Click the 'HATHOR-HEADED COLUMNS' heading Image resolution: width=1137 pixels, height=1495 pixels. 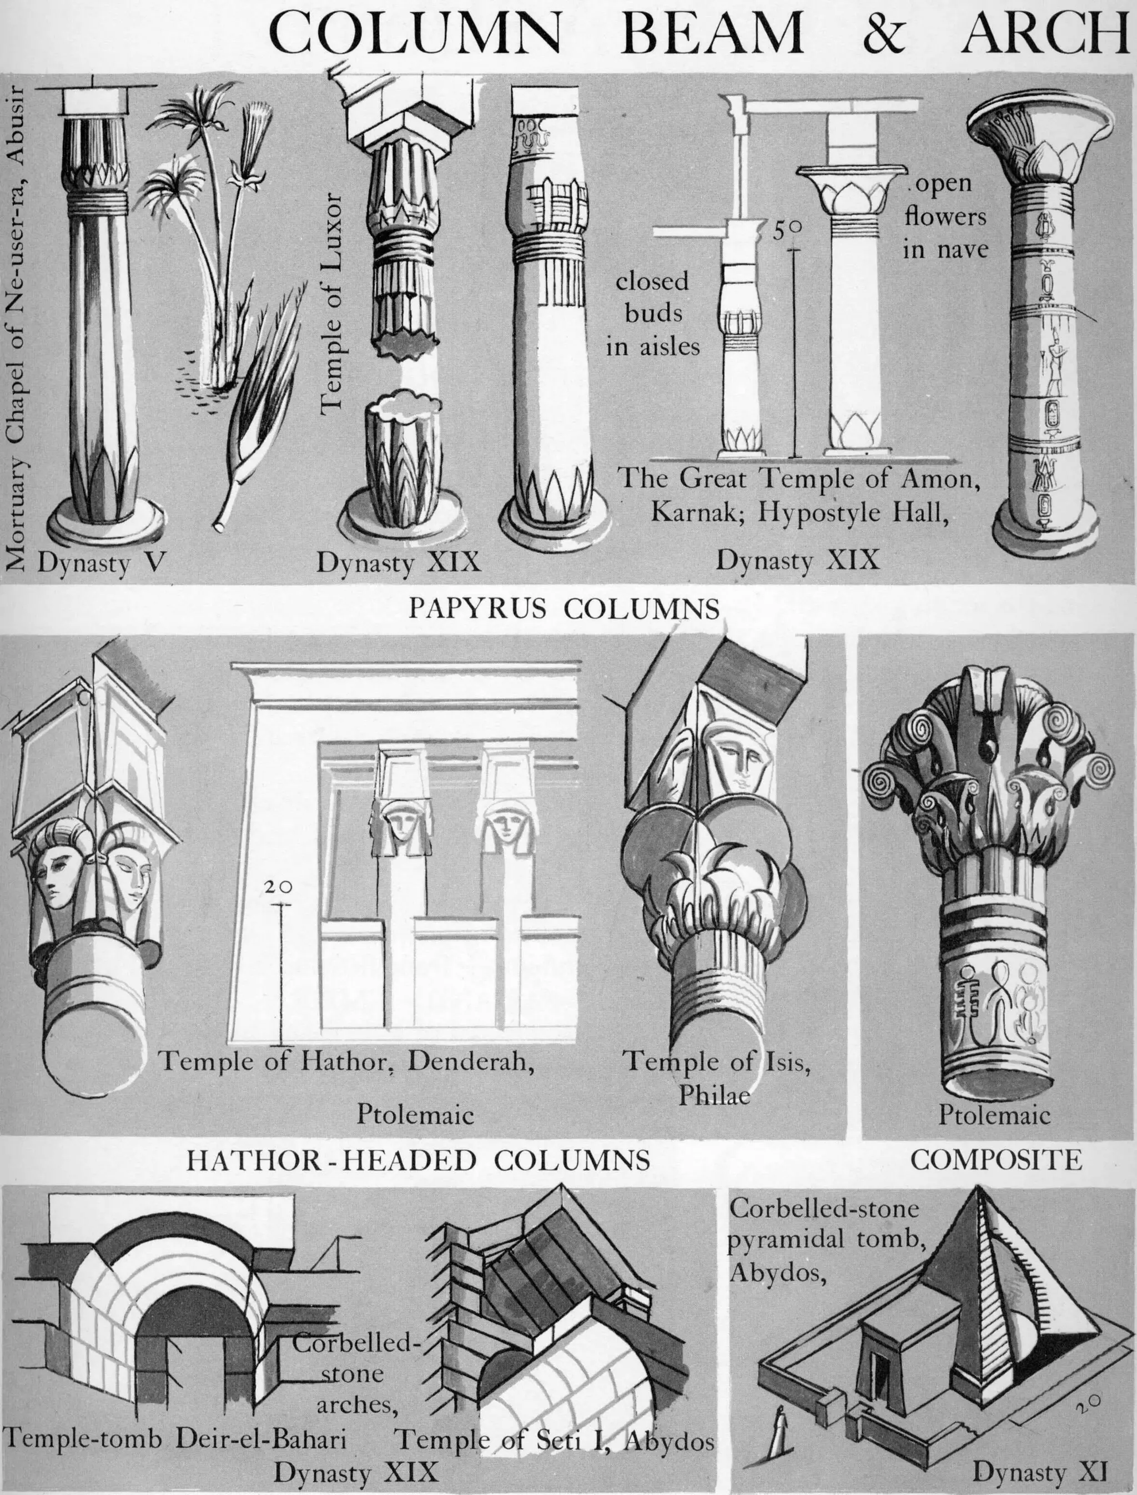(x=417, y=1161)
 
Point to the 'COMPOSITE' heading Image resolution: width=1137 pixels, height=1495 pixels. (x=995, y=1160)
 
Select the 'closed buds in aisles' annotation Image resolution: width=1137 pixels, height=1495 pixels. (x=652, y=313)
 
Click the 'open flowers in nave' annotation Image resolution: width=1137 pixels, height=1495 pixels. (x=945, y=217)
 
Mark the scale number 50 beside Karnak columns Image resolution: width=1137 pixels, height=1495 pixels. (x=787, y=231)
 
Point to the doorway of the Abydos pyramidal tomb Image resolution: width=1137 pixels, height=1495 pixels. (x=878, y=1356)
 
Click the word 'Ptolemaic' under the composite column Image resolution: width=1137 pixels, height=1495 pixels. (x=994, y=1115)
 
